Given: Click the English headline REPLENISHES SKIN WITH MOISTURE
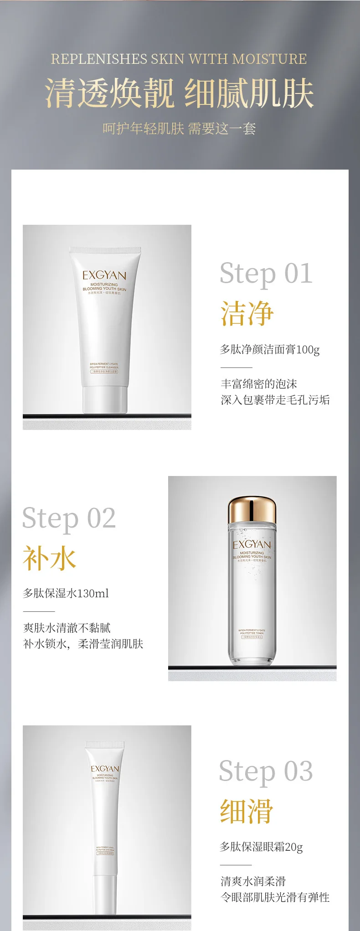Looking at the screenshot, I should click(x=179, y=59).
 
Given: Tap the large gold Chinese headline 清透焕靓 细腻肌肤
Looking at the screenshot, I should click(x=180, y=93).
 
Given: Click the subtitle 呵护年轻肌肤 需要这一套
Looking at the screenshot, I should click(x=179, y=129).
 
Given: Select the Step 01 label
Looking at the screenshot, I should click(x=266, y=273).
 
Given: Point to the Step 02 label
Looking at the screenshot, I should click(x=69, y=518).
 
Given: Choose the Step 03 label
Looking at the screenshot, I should click(x=266, y=771).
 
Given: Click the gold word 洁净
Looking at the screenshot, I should click(x=247, y=314).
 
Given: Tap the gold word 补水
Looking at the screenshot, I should click(x=50, y=559).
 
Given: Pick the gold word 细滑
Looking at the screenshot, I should click(x=247, y=811).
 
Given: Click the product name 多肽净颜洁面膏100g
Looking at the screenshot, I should click(x=270, y=350).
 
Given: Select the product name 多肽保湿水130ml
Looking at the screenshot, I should click(x=66, y=593).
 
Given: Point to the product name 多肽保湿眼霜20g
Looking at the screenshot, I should click(x=261, y=847).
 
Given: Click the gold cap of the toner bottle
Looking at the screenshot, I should click(x=252, y=510).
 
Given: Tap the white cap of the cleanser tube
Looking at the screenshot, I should click(x=105, y=399).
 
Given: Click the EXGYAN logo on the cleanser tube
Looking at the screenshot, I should click(x=104, y=275).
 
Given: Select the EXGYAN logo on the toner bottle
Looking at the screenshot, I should click(x=252, y=544).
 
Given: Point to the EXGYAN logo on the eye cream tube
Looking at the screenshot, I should click(x=105, y=768).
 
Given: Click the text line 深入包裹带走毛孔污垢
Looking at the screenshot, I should click(x=275, y=400).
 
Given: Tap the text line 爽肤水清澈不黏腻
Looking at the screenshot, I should click(x=67, y=628).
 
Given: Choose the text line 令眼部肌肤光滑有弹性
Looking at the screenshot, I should click(x=275, y=897).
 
